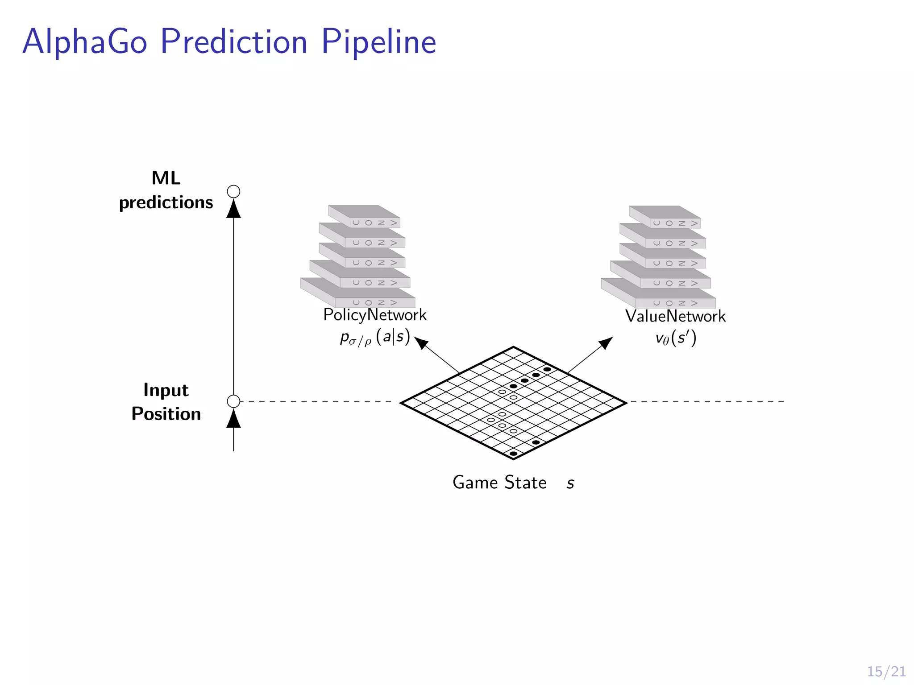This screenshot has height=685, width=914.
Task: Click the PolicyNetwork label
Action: [x=375, y=315]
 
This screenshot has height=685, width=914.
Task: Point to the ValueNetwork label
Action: [x=675, y=316]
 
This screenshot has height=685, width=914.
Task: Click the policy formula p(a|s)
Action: [x=375, y=337]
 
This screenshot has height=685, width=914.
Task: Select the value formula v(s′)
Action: [x=676, y=338]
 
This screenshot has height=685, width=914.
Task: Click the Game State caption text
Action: [x=499, y=483]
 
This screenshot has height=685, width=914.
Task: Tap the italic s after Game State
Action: [x=570, y=483]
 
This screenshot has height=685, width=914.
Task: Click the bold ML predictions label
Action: [x=166, y=190]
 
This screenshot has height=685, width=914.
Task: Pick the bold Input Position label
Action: [x=166, y=402]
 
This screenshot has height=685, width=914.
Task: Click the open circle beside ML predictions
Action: [x=233, y=192]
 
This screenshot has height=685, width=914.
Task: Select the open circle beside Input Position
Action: [x=233, y=401]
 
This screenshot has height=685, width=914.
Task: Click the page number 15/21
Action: [x=886, y=672]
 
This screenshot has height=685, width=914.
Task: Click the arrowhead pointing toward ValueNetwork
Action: [x=606, y=342]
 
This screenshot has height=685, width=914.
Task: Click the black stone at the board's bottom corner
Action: [x=514, y=454]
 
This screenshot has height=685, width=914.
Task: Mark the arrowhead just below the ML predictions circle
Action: [x=233, y=209]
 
